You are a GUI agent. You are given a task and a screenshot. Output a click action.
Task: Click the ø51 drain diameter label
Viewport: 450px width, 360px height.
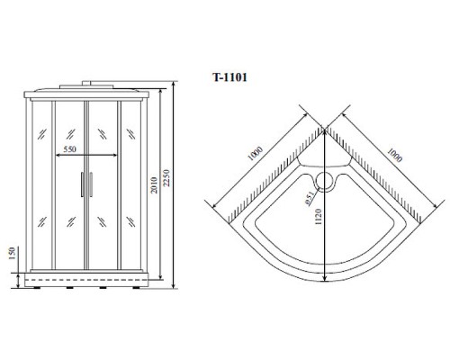(308, 200)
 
